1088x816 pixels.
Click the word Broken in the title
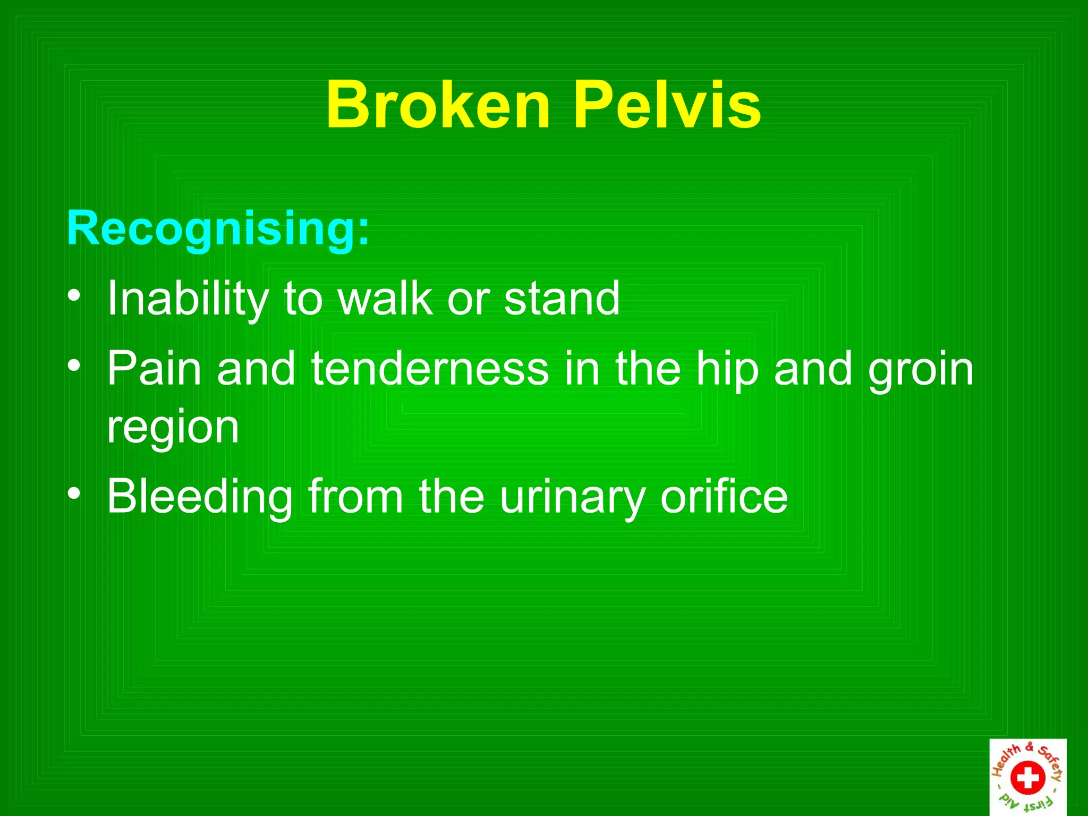pyautogui.click(x=438, y=105)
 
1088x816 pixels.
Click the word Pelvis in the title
pyautogui.click(x=668, y=105)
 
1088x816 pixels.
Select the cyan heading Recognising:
pyautogui.click(x=218, y=228)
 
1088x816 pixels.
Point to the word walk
pyautogui.click(x=386, y=299)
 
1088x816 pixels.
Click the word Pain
pyautogui.click(x=155, y=369)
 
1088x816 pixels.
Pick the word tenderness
pyautogui.click(x=430, y=369)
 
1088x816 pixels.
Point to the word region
pyautogui.click(x=173, y=428)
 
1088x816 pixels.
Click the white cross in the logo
pyautogui.click(x=1027, y=778)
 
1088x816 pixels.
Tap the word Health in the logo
pyautogui.click(x=1006, y=760)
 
